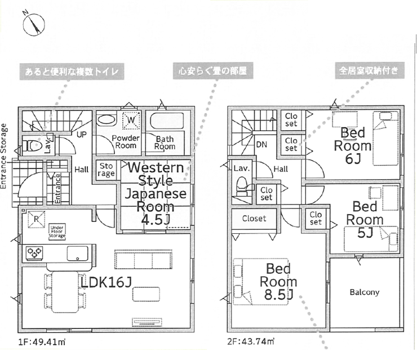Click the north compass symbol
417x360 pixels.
coord(33,24)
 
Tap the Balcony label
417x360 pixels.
coord(365,292)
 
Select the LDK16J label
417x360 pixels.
coord(106,282)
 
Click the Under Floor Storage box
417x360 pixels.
coord(57,232)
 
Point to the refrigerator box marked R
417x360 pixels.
coord(36,220)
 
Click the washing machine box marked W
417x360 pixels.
coord(131,120)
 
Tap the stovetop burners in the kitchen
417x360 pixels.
coord(34,253)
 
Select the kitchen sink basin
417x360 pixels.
coord(77,254)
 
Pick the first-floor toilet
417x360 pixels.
coord(32,145)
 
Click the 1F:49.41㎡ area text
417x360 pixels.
coord(42,342)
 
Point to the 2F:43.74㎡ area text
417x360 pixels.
coord(251,341)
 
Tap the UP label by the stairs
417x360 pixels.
coord(82,135)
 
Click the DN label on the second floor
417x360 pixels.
coord(261,145)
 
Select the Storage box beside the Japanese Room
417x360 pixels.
coord(106,170)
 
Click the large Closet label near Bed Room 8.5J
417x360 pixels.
coord(254,219)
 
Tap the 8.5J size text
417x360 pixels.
coord(278,294)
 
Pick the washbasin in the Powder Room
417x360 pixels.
coord(107,120)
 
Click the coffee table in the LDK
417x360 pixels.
coord(146,294)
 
